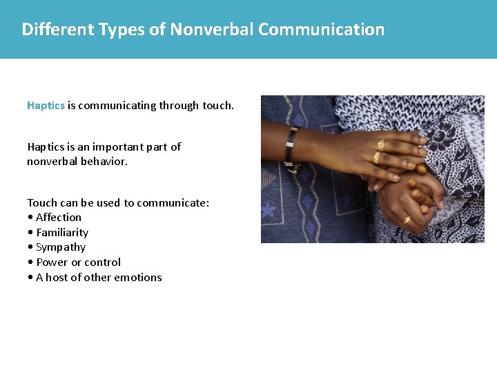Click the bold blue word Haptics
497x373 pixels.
coord(46,106)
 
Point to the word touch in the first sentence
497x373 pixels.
coord(217,106)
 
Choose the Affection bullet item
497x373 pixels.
coord(59,217)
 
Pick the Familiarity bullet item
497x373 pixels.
coord(62,232)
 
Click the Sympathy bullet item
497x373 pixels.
coord(61,247)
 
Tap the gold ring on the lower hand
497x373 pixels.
coord(407,220)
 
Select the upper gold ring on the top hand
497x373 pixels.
coord(380,144)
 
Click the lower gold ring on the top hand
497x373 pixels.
coord(377,157)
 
